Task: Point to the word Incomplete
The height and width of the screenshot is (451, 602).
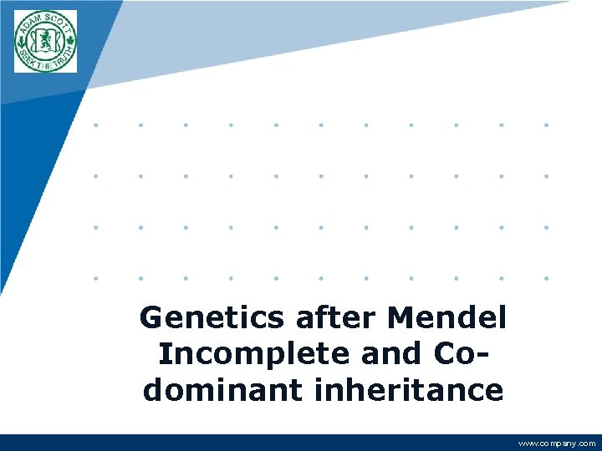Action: (x=254, y=354)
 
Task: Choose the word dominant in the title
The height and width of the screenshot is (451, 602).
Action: (x=215, y=390)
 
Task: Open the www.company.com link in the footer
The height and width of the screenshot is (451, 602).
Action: (x=557, y=443)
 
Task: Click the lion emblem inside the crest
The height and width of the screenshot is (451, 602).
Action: (x=45, y=40)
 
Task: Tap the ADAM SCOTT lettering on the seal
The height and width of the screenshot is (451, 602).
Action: (x=44, y=19)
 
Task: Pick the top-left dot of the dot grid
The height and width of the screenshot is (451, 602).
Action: (x=95, y=125)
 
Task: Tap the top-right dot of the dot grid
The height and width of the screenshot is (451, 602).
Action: (x=546, y=125)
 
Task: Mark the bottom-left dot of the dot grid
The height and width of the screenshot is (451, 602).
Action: (x=95, y=277)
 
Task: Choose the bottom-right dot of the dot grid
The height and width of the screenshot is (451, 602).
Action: (x=546, y=277)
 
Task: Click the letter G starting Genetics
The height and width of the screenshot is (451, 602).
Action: (x=150, y=317)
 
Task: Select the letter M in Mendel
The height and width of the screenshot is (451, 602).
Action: (x=402, y=317)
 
